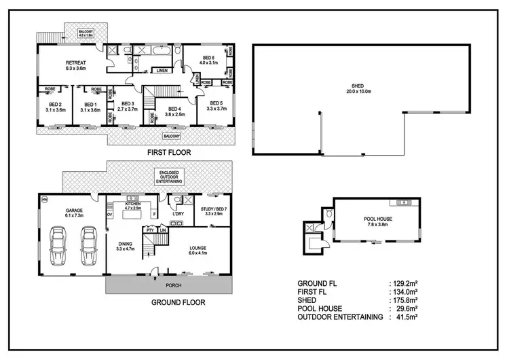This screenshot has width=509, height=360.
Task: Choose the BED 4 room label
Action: tap(174, 111)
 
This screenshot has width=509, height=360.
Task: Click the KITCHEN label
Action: tap(132, 205)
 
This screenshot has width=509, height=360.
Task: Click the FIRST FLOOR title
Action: tap(169, 154)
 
